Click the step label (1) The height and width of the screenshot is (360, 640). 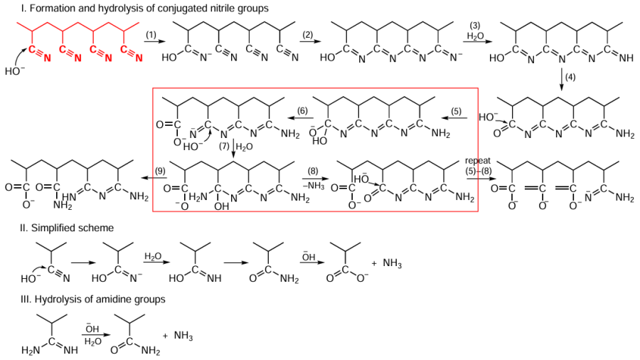pyautogui.click(x=151, y=35)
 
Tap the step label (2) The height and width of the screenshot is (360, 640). pyautogui.click(x=308, y=35)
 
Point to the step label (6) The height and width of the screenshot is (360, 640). pyautogui.click(x=302, y=110)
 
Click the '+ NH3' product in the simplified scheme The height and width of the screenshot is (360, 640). pyautogui.click(x=387, y=263)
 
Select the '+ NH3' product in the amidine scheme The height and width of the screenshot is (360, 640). pyautogui.click(x=178, y=334)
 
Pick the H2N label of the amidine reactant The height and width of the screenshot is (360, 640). pyautogui.click(x=31, y=350)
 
